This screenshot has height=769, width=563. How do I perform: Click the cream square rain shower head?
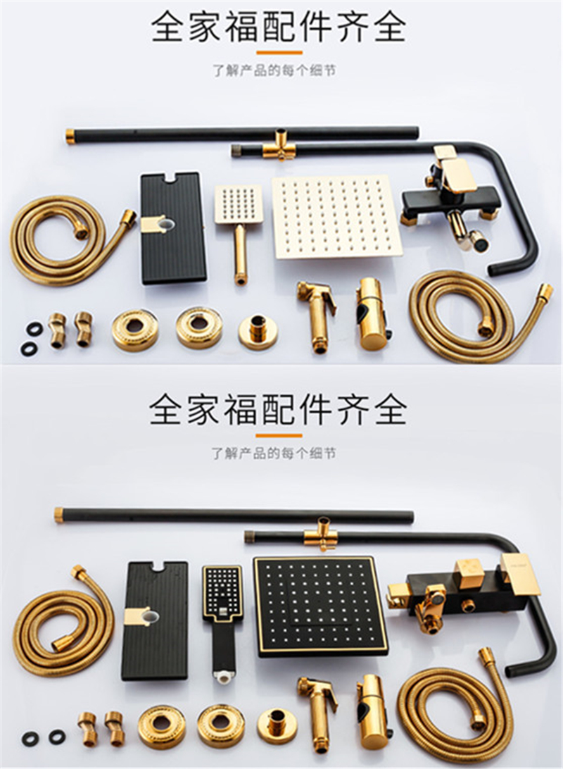(337, 217)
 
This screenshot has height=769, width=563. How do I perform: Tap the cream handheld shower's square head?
(238, 204)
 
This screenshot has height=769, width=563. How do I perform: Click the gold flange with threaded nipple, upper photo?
(257, 330)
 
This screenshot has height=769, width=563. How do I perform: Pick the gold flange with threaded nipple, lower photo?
(277, 723)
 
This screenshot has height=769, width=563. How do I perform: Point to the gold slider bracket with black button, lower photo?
(371, 707)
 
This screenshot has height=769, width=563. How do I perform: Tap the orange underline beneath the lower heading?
(279, 435)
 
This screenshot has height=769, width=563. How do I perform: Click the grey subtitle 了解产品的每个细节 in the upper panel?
(275, 71)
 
